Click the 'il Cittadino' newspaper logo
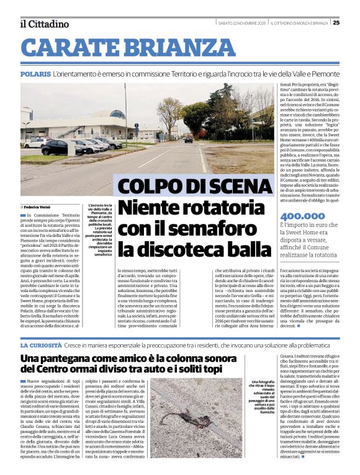44,24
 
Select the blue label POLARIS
35,74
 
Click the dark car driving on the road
188,140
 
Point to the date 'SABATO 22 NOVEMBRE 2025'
243,24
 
